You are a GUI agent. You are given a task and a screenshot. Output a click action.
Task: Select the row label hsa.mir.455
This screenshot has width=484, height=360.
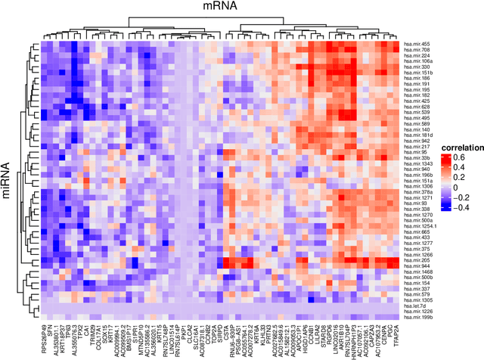[x=416, y=44]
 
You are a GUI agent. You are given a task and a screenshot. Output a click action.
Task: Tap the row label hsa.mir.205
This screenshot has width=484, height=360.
[x=416, y=261]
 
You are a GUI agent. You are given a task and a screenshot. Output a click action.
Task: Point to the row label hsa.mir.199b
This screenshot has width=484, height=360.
[x=417, y=316]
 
